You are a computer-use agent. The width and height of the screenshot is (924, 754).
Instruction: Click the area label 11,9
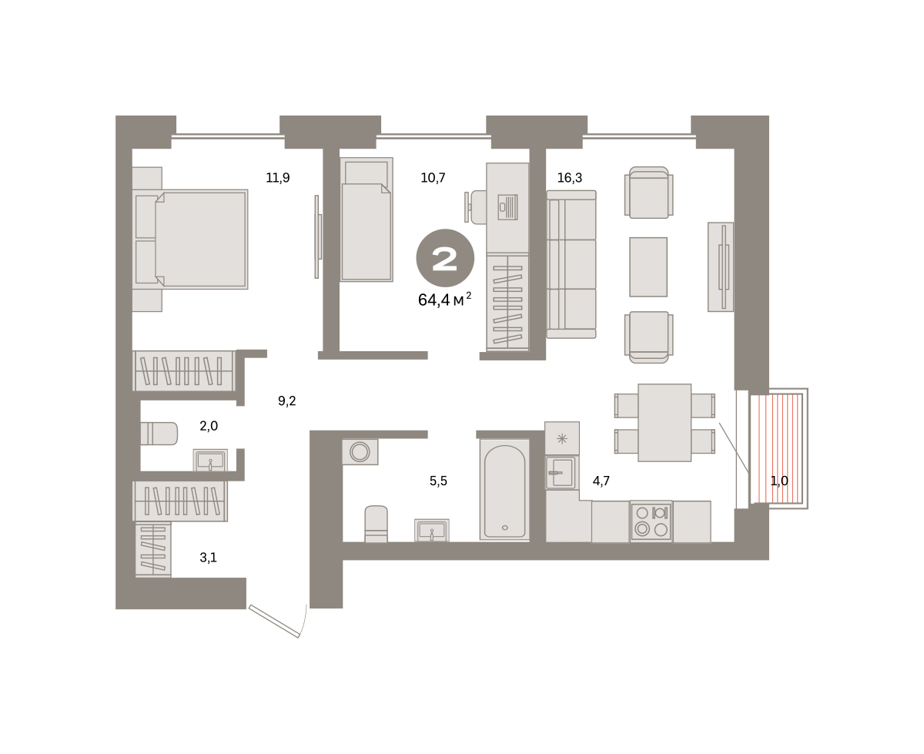[277, 178]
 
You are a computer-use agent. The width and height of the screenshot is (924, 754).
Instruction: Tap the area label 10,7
[433, 178]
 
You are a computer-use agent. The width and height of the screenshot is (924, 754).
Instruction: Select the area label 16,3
[569, 178]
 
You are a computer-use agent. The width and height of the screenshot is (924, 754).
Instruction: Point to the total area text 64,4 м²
[444, 300]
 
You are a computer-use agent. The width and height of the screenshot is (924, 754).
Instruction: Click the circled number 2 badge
[445, 258]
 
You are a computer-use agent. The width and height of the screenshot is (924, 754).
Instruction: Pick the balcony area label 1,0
[779, 481]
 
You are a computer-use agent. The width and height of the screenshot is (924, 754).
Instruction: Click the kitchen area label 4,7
[601, 481]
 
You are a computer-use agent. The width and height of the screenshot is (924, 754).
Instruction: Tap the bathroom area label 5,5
[437, 481]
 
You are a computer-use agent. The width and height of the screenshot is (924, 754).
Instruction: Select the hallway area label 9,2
[286, 400]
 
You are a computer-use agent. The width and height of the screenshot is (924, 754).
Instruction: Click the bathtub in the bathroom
[504, 489]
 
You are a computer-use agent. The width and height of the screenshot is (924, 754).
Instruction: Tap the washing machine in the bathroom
[360, 451]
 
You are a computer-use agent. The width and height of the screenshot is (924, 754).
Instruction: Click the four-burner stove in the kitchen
[651, 521]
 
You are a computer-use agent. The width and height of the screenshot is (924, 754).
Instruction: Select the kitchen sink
[561, 473]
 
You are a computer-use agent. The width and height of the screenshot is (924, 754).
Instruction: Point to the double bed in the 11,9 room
[190, 240]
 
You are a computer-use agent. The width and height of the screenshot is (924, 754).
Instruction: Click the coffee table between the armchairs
[648, 266]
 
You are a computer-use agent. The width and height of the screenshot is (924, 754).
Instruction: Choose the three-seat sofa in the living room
[571, 264]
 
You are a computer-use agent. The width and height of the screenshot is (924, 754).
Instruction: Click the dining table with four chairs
[665, 423]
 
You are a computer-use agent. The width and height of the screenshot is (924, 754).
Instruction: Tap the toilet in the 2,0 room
[159, 434]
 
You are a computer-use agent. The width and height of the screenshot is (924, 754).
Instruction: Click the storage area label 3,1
[208, 558]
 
